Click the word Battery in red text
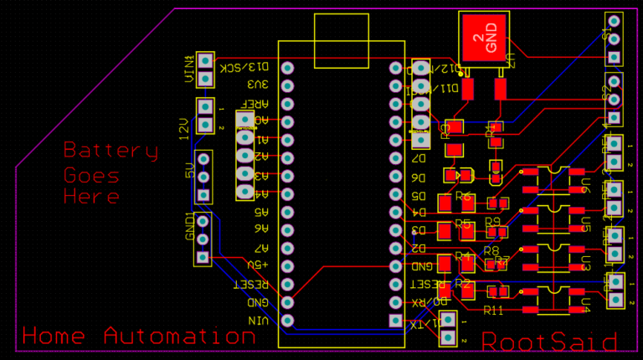[111, 152]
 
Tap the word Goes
[92, 176]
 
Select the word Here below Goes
[92, 198]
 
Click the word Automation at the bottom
[179, 337]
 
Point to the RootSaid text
[549, 342]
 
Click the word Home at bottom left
[54, 337]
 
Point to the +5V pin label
[256, 265]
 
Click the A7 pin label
[261, 248]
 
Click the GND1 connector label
[190, 227]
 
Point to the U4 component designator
[586, 305]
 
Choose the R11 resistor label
[494, 311]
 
